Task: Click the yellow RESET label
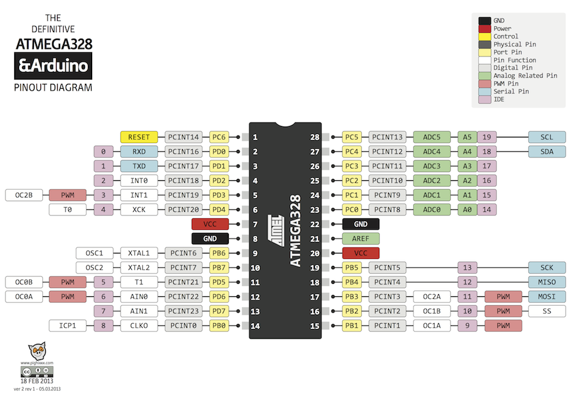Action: (x=139, y=137)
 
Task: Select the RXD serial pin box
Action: (x=139, y=152)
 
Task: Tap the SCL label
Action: (x=547, y=137)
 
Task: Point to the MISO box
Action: (x=547, y=282)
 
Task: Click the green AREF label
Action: (x=361, y=239)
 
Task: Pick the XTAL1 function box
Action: (x=139, y=253)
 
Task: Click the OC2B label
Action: (x=24, y=195)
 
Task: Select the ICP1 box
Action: (x=67, y=325)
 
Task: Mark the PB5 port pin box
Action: (x=352, y=268)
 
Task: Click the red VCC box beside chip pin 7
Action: (x=210, y=224)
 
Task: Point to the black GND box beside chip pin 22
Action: (x=361, y=224)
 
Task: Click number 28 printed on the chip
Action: (x=315, y=137)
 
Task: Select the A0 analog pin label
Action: (x=466, y=209)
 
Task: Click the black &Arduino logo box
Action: (x=53, y=66)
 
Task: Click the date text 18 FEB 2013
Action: (x=37, y=381)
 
